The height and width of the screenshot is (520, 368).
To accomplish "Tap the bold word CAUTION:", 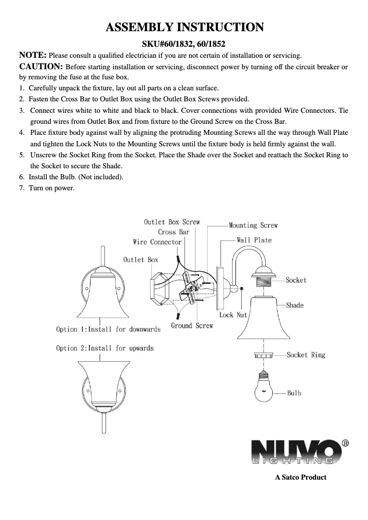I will point(41,66).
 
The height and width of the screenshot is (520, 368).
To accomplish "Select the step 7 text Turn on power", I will point(51,188).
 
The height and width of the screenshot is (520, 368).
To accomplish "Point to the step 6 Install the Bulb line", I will point(76,177).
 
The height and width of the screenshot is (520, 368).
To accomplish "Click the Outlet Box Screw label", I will point(172,222).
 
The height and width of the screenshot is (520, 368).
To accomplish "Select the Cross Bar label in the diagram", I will point(173,232).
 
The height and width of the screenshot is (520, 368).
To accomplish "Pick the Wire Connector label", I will point(157,242).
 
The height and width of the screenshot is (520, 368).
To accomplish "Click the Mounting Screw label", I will point(253,225).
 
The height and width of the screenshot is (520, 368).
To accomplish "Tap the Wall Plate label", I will point(254,240).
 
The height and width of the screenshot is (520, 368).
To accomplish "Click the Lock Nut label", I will point(233,315).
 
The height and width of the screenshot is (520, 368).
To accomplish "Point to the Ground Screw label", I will point(192,326).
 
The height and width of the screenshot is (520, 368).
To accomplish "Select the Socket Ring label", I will point(306,355).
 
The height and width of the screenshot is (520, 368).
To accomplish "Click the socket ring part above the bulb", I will point(265,355).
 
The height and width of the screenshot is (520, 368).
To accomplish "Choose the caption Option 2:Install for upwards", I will point(105,348).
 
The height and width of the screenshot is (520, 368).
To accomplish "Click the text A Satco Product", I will point(301,477).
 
